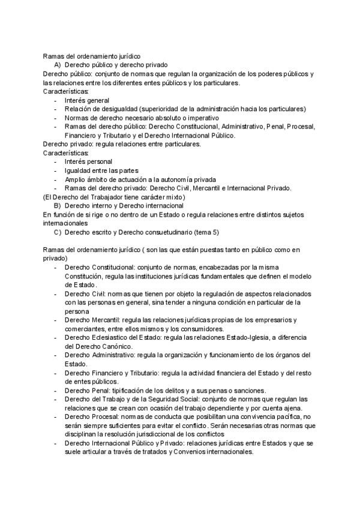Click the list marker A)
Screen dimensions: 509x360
click(57, 64)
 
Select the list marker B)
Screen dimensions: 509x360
click(57, 205)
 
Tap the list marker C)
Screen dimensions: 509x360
click(57, 232)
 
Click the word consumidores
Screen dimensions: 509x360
click(202, 329)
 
